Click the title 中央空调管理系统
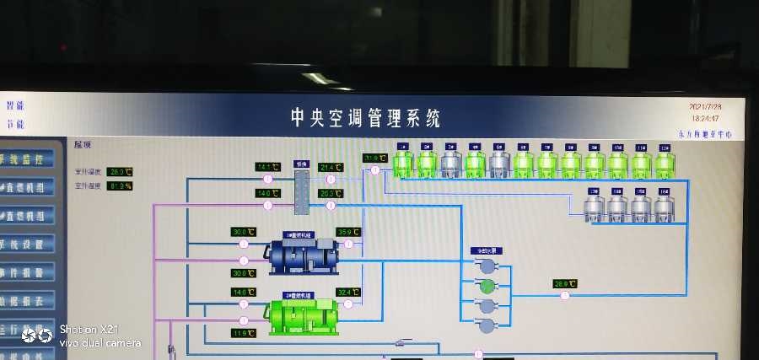pyautogui.click(x=365, y=117)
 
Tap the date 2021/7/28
pyautogui.click(x=707, y=107)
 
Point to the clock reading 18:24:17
pyautogui.click(x=707, y=119)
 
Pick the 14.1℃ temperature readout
pyautogui.click(x=267, y=167)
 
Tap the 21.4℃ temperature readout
pyautogui.click(x=331, y=167)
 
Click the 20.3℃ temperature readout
pyautogui.click(x=331, y=193)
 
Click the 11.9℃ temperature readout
pyautogui.click(x=243, y=333)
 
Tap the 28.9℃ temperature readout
pyautogui.click(x=564, y=283)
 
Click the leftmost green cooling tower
pyautogui.click(x=403, y=164)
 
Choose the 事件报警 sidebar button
pyautogui.click(x=27, y=272)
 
